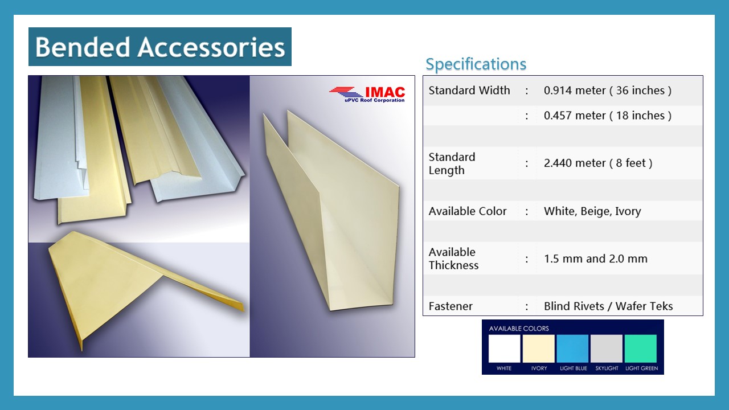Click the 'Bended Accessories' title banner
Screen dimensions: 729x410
coord(160,47)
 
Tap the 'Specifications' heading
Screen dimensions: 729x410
coord(476,64)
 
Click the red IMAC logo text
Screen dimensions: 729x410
coord(385,92)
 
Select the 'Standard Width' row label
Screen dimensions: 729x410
coord(469,90)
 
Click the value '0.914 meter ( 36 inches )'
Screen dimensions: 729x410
coord(608,90)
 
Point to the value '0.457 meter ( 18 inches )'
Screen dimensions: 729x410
coord(608,115)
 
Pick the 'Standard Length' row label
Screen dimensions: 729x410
coord(452,163)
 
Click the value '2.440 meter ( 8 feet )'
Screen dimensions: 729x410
coord(598,163)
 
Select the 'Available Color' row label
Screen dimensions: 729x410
coord(468,211)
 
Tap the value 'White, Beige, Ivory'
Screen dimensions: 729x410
coord(592,211)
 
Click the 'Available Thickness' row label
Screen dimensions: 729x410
coord(453,259)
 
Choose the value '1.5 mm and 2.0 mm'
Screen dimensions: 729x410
coord(596,259)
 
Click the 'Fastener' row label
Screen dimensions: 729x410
coord(450,306)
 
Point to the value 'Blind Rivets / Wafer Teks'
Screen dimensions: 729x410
coord(608,306)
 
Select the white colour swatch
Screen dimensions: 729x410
coord(504,348)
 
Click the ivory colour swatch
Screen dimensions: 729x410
coord(538,348)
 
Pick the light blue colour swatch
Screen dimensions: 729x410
coord(572,348)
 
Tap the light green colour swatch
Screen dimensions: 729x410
coord(641,348)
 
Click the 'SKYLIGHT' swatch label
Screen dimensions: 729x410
coord(607,368)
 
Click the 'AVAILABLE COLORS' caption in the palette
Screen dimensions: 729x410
coord(519,329)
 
